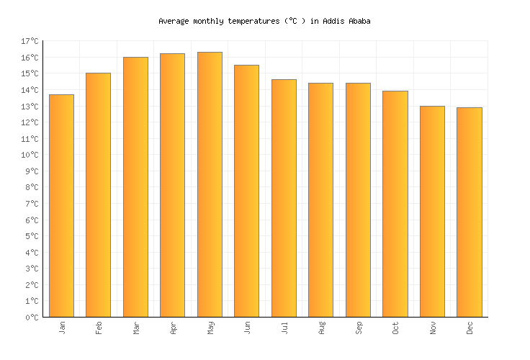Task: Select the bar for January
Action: pyautogui.click(x=61, y=206)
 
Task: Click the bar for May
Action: pyautogui.click(x=210, y=184)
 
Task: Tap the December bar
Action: pyautogui.click(x=469, y=212)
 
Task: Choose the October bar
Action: pyautogui.click(x=395, y=204)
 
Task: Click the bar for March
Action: pyautogui.click(x=135, y=187)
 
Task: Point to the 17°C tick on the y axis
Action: pyautogui.click(x=30, y=41)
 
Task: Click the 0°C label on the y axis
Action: pyautogui.click(x=32, y=318)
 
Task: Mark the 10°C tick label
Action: pyautogui.click(x=30, y=155)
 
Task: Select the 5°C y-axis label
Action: pyautogui.click(x=32, y=236)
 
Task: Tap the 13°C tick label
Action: pyautogui.click(x=30, y=106)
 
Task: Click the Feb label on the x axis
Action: pyautogui.click(x=99, y=328)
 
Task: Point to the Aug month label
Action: pyautogui.click(x=321, y=328)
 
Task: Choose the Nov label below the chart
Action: pyautogui.click(x=433, y=328)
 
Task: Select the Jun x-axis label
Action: pyautogui.click(x=247, y=328)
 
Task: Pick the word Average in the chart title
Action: pyautogui.click(x=173, y=22)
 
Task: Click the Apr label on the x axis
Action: pyautogui.click(x=173, y=328)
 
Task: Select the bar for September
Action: pyautogui.click(x=358, y=200)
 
